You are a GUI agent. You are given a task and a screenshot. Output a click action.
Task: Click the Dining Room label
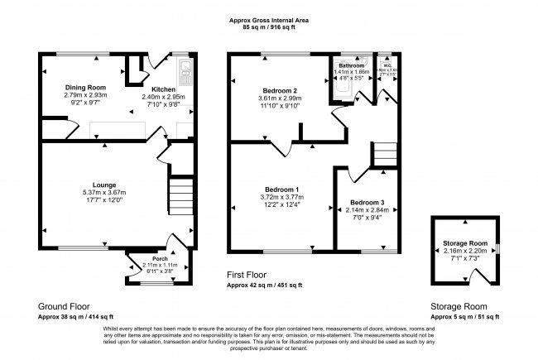(86, 87)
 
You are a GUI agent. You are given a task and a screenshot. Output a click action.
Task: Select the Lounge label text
(104, 185)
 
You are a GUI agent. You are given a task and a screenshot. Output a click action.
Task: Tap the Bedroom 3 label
(367, 202)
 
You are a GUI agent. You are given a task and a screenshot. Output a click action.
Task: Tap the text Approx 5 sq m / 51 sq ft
(470, 315)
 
